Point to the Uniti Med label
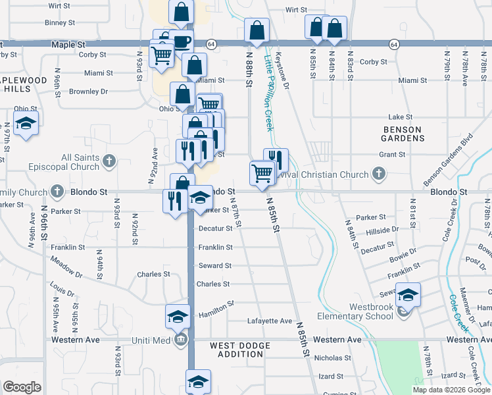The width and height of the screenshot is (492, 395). coord(150,340)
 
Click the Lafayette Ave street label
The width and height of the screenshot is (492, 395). coord(269,321)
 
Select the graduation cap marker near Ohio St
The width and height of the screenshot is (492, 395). coord(26,123)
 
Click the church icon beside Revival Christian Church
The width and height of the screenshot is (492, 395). coord(378,174)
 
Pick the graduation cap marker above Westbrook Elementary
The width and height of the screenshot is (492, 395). coord(408,296)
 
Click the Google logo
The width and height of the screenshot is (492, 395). coord(22,387)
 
